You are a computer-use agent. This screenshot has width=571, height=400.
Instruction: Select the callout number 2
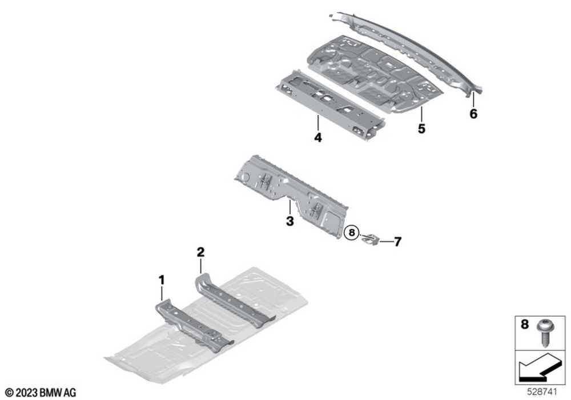click(200, 252)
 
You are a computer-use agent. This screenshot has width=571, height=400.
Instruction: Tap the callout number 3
click(290, 221)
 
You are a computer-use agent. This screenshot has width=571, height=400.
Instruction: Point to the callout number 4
click(318, 138)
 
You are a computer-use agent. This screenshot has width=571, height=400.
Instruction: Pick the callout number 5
click(421, 129)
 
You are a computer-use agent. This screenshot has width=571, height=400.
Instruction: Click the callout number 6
click(473, 114)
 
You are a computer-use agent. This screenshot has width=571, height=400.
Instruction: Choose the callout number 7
click(397, 242)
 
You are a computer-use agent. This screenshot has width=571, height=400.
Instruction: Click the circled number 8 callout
click(351, 233)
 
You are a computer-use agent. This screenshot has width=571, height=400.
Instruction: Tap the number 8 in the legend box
click(524, 324)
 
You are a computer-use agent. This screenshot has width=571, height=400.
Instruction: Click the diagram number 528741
click(542, 392)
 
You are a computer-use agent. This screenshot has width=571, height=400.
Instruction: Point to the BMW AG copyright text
click(41, 393)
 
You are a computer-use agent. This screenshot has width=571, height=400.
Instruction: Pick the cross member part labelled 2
click(234, 300)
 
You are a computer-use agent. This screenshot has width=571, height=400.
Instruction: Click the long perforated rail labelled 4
click(329, 105)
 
